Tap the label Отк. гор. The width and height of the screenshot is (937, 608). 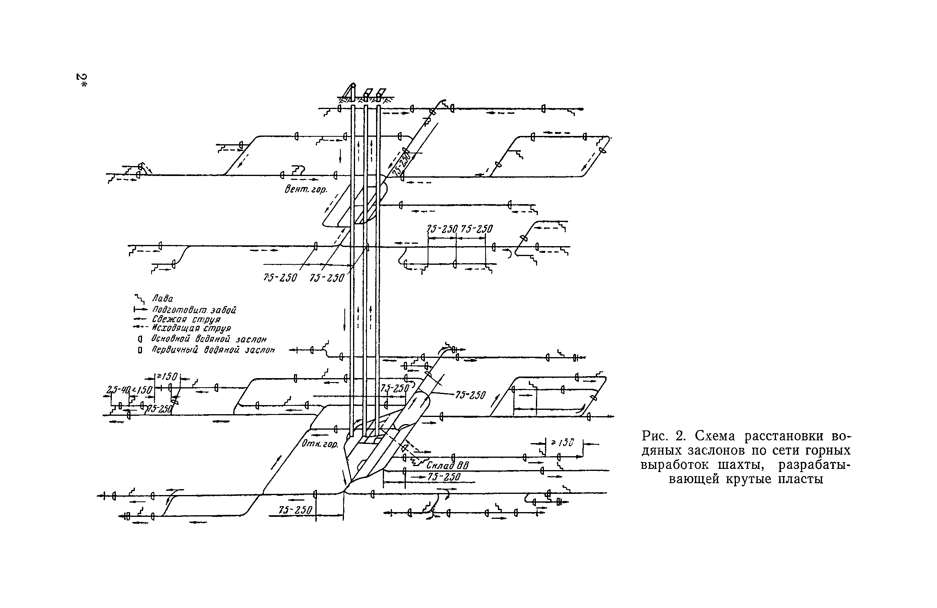[320, 444]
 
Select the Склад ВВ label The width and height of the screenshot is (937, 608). [447, 465]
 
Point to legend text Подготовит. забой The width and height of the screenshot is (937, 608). [194, 310]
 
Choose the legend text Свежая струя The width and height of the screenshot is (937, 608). [186, 319]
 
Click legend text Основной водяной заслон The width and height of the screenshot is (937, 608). [209, 340]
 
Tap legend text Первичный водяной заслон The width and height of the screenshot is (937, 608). [213, 350]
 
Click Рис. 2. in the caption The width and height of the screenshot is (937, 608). [663, 436]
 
